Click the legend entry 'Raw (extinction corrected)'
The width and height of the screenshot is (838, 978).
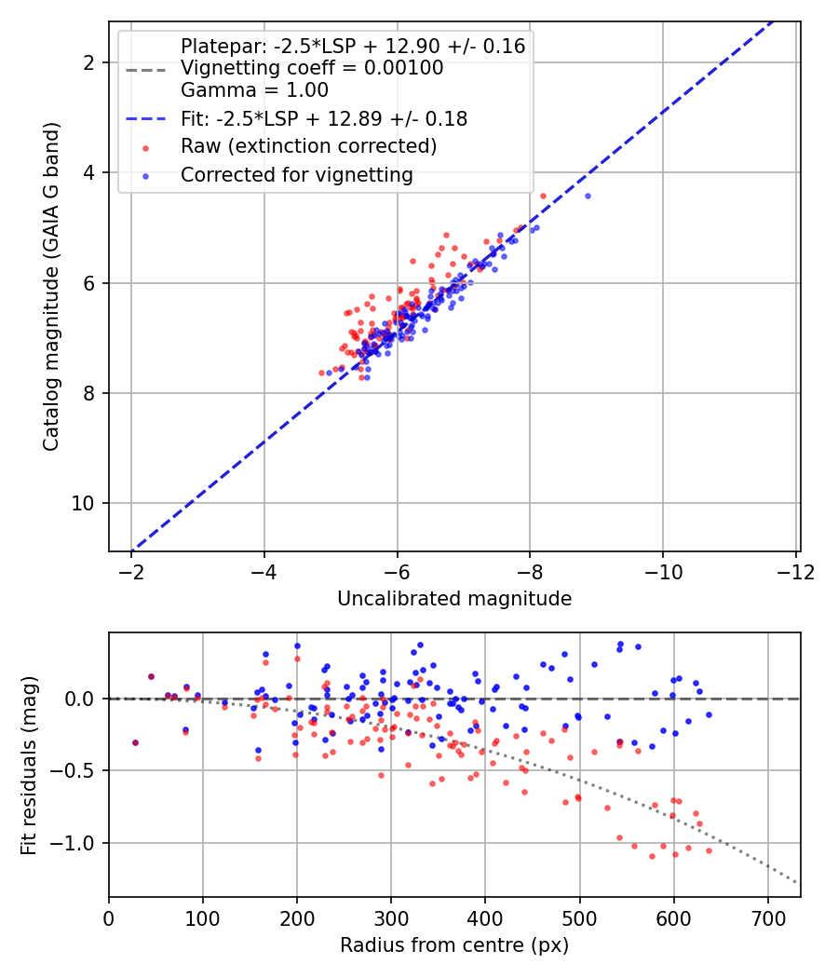pyautogui.click(x=308, y=146)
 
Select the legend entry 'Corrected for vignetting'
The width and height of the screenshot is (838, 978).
pyautogui.click(x=296, y=174)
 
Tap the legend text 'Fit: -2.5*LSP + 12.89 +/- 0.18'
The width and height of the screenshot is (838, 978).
pyautogui.click(x=323, y=119)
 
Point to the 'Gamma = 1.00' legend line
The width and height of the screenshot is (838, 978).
pyautogui.click(x=254, y=90)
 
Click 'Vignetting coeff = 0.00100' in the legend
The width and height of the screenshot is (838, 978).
pyautogui.click(x=312, y=68)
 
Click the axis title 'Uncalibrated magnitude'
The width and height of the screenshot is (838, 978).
pyautogui.click(x=454, y=599)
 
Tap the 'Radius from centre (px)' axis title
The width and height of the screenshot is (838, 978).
pyautogui.click(x=454, y=945)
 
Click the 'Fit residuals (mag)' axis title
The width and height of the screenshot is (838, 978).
pyautogui.click(x=29, y=765)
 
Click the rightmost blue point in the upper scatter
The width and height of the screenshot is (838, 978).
pyautogui.click(x=588, y=196)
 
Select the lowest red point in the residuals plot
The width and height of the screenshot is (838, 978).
pyautogui.click(x=652, y=856)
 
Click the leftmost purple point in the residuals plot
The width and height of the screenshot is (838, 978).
pyautogui.click(x=135, y=742)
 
